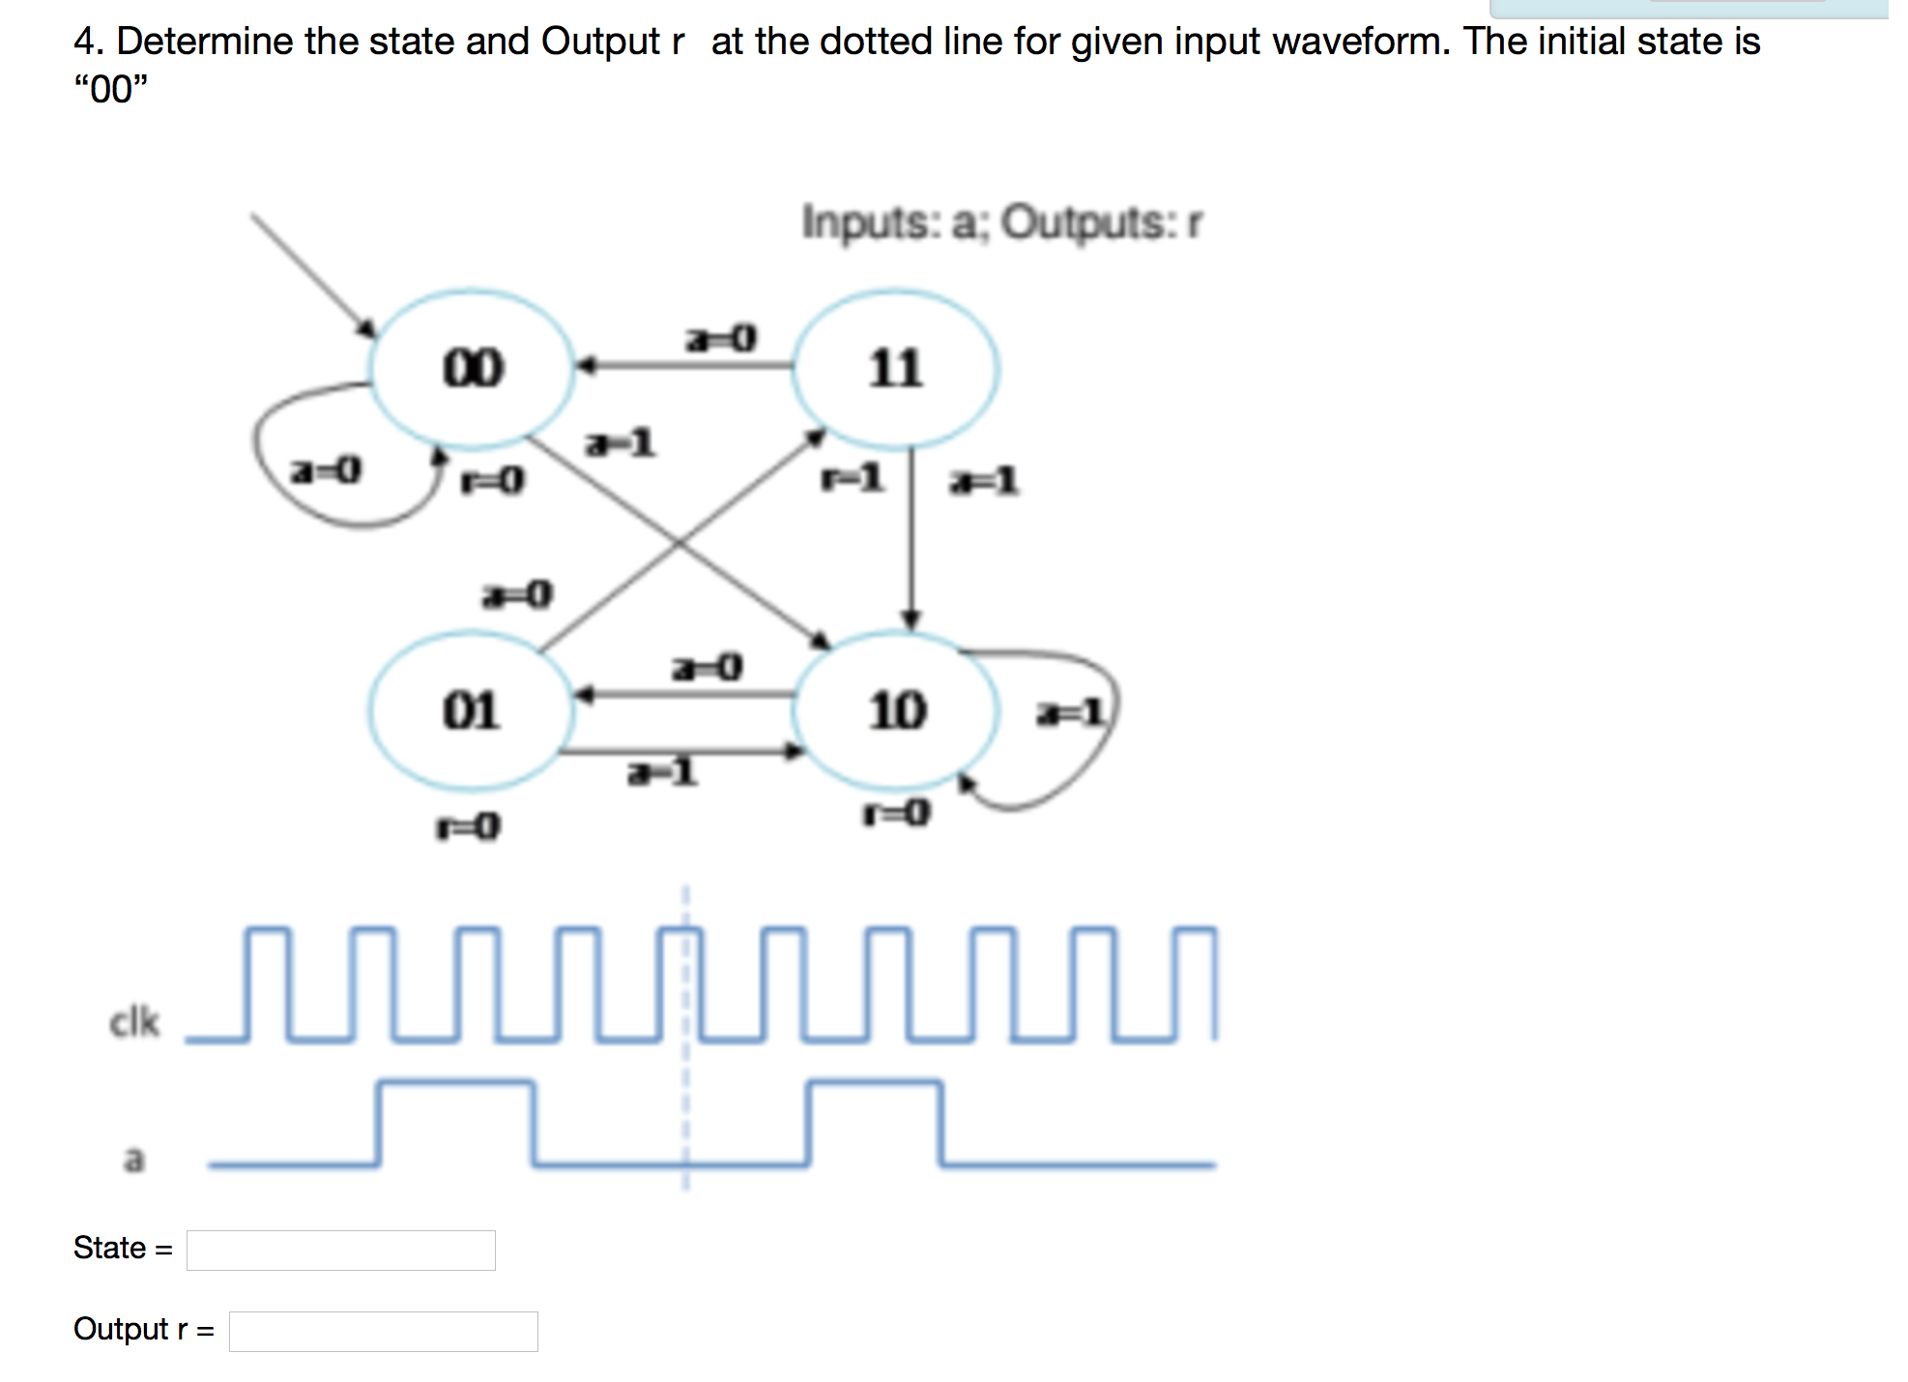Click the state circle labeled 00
[x=473, y=368]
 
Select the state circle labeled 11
[x=895, y=368]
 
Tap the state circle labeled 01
[x=471, y=710]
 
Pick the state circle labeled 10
[x=896, y=710]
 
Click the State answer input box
[x=340, y=1250]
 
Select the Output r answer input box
[x=383, y=1331]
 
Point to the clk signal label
[x=134, y=1022]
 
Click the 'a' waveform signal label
[x=134, y=1158]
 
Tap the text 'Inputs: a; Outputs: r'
[x=1001, y=222]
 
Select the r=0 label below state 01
[x=468, y=826]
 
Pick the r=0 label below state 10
[x=896, y=813]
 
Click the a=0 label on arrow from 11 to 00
[x=721, y=338]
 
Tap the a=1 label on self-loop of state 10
[x=1069, y=713]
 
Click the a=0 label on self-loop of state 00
[x=326, y=471]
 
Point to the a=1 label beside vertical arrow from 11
[x=983, y=480]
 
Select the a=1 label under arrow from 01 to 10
[x=662, y=772]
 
